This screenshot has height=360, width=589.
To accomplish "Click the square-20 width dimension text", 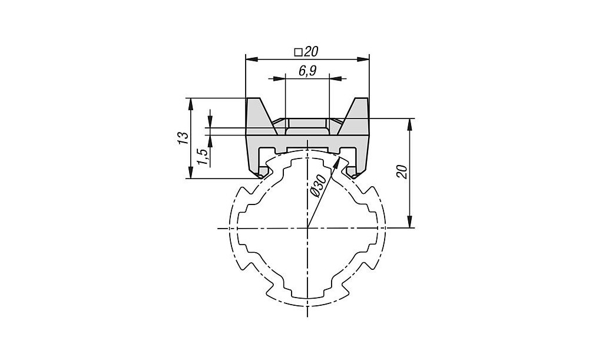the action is (x=306, y=52).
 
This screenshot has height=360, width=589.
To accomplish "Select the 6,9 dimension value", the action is (x=307, y=71).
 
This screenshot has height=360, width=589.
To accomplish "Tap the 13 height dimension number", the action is (x=183, y=138).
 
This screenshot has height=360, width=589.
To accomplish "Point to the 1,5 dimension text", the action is (x=203, y=156).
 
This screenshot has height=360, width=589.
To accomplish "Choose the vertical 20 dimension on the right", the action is (x=402, y=171).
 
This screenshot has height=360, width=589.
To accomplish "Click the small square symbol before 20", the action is (x=298, y=52).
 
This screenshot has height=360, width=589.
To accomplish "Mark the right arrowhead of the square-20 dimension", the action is (x=363, y=59).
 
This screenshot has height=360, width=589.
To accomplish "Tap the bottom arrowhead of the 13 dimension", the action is (x=191, y=172).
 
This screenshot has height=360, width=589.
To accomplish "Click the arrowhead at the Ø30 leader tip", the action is (x=336, y=163).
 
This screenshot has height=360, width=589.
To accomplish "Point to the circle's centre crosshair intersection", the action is (x=307, y=228).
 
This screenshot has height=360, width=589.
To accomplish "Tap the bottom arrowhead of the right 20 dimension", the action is (x=410, y=222).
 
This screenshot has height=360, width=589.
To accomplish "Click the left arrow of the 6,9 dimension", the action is (x=279, y=78).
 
